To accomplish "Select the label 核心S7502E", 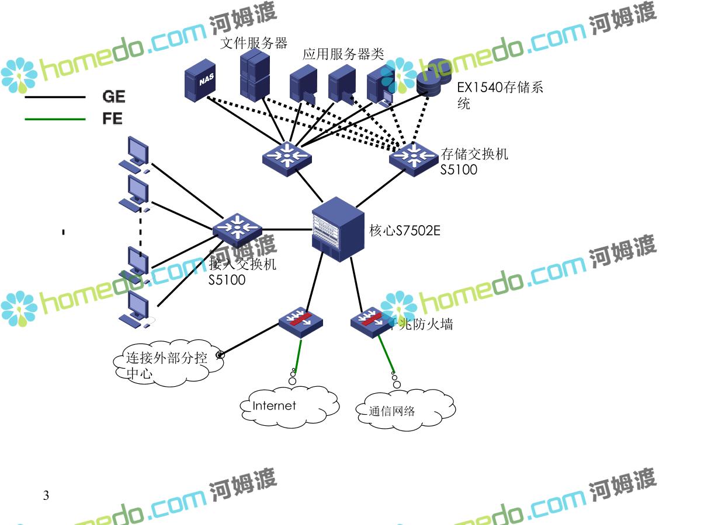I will [x=405, y=231].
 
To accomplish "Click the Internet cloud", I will [x=289, y=406].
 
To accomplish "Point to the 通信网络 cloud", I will [x=404, y=411].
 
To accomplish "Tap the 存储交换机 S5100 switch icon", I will [x=414, y=157].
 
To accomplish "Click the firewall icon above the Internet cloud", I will [x=300, y=320].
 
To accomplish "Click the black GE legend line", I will [x=55, y=97].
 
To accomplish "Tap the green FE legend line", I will [x=55, y=120].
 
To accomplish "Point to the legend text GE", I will [x=113, y=97].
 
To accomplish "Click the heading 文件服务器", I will [x=254, y=43].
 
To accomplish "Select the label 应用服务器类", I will [x=343, y=55].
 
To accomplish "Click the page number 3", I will [x=46, y=496].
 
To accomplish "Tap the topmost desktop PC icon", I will [x=135, y=153].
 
